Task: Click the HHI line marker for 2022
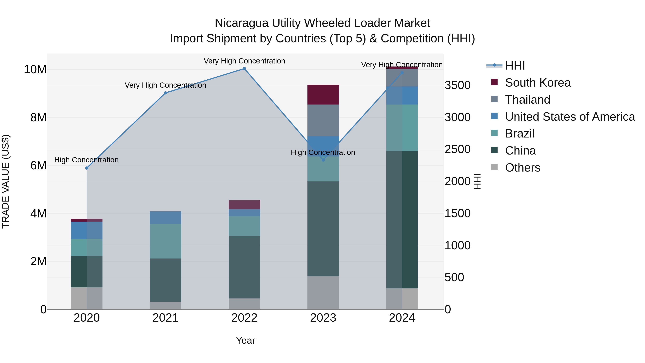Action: (x=244, y=69)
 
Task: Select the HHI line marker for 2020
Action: (x=87, y=168)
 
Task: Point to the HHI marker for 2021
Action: (x=166, y=93)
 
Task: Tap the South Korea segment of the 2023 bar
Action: (x=323, y=95)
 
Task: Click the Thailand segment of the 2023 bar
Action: (x=323, y=120)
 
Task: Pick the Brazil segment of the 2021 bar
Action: (x=166, y=241)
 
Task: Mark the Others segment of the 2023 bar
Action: (x=323, y=293)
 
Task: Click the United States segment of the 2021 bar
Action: (x=166, y=217)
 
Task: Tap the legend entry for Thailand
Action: (x=528, y=100)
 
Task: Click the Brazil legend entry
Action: (x=520, y=134)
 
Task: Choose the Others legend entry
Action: (x=523, y=168)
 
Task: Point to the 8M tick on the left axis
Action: (x=38, y=117)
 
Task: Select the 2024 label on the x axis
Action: (x=402, y=318)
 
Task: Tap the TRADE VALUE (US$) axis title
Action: (x=6, y=181)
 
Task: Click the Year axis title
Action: (x=245, y=340)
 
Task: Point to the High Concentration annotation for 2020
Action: (x=86, y=160)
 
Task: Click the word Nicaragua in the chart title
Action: (x=242, y=23)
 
